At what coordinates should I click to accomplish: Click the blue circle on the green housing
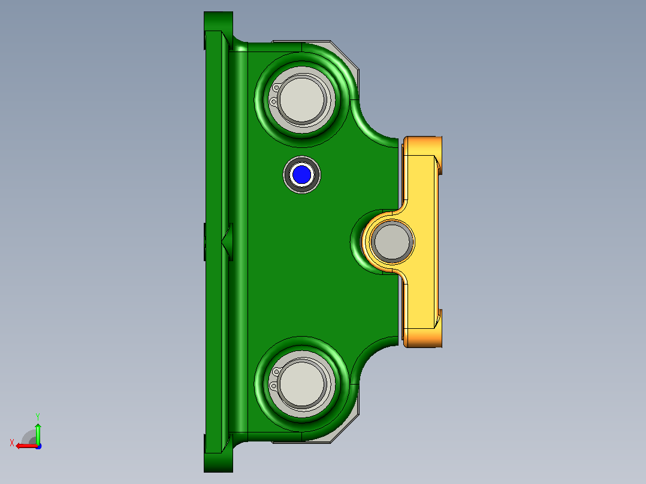click(301, 175)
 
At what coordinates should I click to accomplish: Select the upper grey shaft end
click(302, 99)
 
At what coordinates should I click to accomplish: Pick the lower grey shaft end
click(302, 383)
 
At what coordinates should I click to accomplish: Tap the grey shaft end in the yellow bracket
click(391, 241)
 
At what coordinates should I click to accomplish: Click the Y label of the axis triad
click(38, 416)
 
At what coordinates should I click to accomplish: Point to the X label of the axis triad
click(12, 443)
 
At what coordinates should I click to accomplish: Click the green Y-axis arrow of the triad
click(38, 433)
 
